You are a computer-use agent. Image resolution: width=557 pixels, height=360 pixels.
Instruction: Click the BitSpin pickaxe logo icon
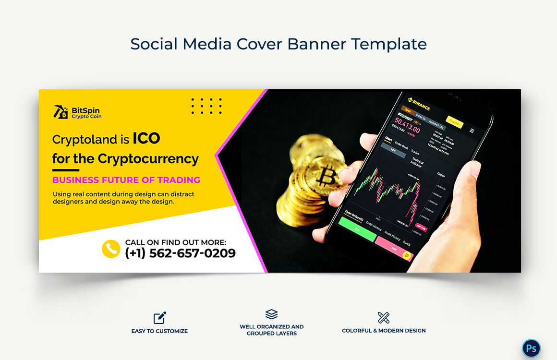click(61, 112)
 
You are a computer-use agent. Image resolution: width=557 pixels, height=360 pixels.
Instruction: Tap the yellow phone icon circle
click(111, 249)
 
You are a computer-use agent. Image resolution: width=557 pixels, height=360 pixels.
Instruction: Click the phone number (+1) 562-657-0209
click(180, 253)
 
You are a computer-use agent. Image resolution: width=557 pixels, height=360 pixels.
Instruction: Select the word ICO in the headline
click(146, 139)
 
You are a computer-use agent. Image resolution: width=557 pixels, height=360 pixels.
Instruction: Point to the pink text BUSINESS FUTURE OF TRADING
click(126, 180)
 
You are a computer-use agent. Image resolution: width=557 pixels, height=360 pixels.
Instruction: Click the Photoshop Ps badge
click(531, 348)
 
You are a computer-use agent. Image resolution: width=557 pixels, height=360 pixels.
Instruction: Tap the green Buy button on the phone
click(357, 229)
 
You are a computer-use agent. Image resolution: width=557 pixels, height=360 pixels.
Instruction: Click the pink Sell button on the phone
click(394, 249)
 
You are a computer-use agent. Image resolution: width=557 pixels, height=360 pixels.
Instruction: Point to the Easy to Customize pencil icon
click(159, 318)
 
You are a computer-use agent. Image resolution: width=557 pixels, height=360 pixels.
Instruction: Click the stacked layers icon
click(271, 314)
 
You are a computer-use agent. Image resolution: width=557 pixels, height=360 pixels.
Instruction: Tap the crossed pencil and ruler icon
click(384, 317)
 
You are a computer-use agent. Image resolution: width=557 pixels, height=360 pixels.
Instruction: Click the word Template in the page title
click(388, 44)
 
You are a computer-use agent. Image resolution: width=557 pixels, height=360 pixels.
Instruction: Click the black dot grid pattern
click(206, 106)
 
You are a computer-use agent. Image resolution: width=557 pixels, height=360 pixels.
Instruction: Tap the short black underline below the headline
click(65, 170)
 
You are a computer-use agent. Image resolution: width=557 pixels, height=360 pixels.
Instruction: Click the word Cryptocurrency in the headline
click(148, 159)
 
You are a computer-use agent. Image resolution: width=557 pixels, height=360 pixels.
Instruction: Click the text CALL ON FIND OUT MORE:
click(175, 242)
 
